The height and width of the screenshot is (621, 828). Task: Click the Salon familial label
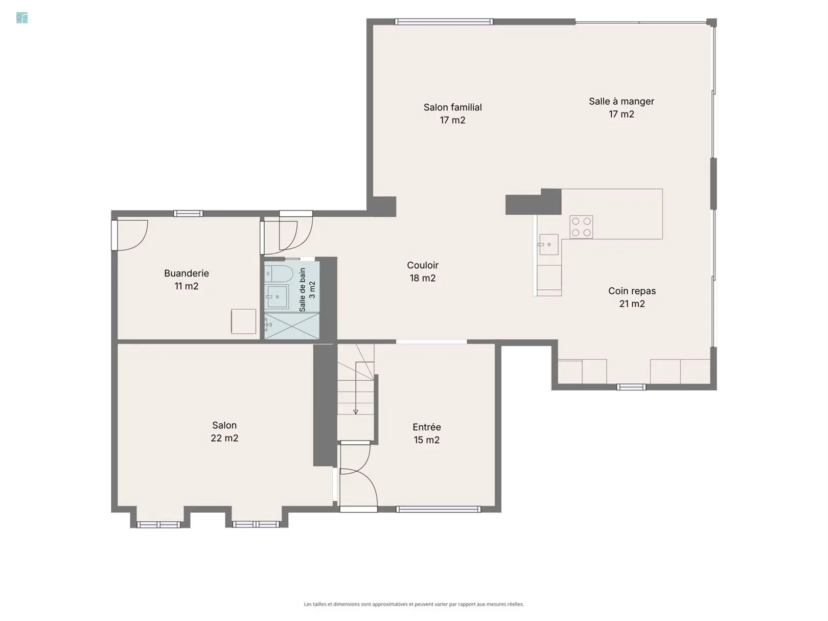tap(452, 113)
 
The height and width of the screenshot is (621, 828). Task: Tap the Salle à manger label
tap(622, 107)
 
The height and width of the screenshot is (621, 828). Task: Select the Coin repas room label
tap(632, 297)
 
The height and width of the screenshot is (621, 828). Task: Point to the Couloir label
tap(423, 271)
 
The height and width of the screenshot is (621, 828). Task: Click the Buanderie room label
tap(187, 280)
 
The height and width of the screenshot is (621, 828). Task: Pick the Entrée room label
tap(427, 433)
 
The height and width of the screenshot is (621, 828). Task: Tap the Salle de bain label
tap(307, 290)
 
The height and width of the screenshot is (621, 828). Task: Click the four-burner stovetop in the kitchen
tap(581, 227)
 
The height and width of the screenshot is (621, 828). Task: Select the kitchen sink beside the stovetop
tap(548, 244)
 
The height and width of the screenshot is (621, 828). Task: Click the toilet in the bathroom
tap(279, 274)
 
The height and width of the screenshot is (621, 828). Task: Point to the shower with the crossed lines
tap(292, 326)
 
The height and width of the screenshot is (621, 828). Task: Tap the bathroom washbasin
tap(277, 297)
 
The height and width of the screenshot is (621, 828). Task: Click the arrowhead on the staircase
tap(355, 412)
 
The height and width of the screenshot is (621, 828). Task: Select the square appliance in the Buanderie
tap(243, 321)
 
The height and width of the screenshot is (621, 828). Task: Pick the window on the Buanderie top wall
tap(188, 214)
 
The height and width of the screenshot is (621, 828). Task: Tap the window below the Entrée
tap(438, 510)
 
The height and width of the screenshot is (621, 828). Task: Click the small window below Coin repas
tap(631, 387)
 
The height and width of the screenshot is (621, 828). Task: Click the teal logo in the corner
tap(22, 18)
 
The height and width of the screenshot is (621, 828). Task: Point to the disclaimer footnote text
tap(414, 604)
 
